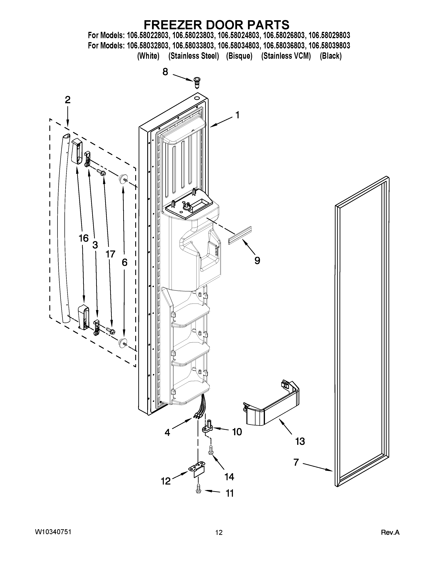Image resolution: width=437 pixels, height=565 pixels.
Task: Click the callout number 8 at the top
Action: point(165,72)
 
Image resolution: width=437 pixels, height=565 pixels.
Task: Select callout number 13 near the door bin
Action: point(300,441)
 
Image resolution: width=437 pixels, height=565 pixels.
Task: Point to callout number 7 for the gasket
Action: point(296,462)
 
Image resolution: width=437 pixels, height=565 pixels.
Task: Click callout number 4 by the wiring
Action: point(167,432)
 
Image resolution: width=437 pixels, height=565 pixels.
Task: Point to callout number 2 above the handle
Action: point(67,100)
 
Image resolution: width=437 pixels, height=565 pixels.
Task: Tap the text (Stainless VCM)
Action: point(286,56)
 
